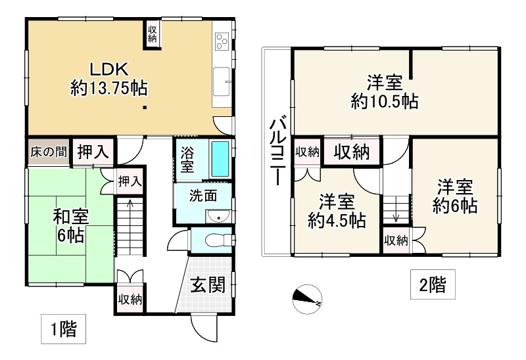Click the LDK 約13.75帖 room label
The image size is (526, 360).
point(108,78)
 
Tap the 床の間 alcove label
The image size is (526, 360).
point(47,152)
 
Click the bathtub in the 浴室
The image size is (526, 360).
point(220,158)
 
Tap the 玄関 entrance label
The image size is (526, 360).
point(208,284)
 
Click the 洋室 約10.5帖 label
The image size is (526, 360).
point(385,92)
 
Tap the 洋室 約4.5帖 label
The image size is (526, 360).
point(337,210)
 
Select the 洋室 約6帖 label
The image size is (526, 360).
point(455,196)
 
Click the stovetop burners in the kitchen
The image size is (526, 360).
point(222,41)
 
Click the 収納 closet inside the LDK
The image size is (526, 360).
point(152,34)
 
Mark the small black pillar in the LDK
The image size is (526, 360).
point(144,108)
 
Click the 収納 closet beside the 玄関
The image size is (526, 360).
point(130,300)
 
